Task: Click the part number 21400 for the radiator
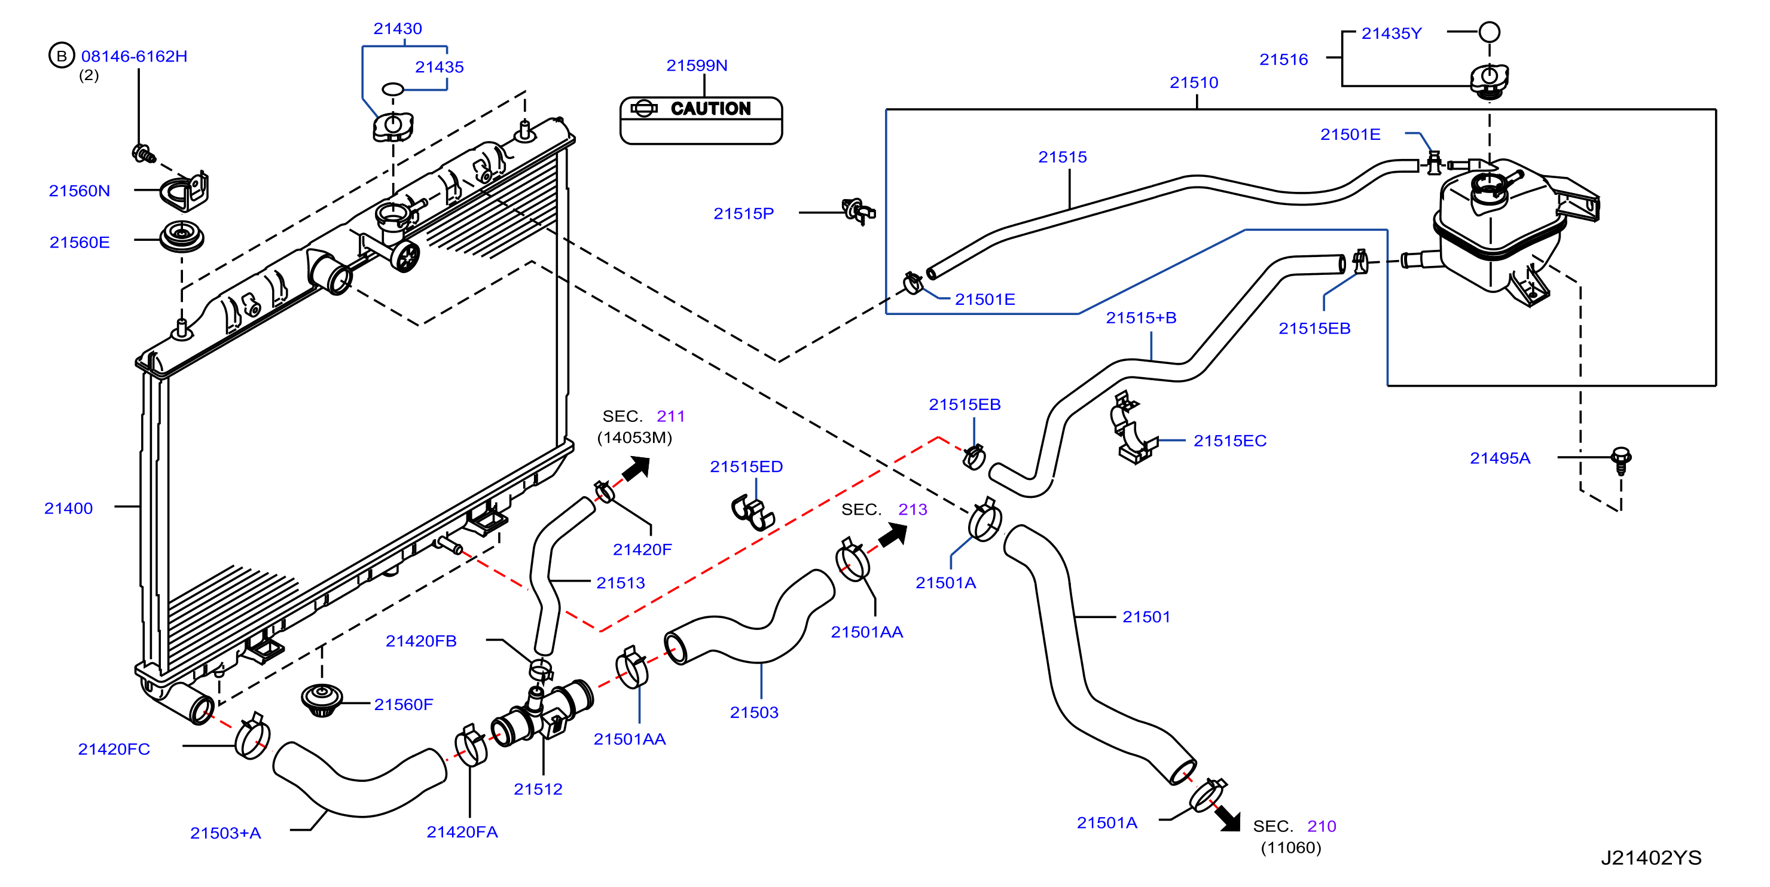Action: coord(68,509)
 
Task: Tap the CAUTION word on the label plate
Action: coord(710,109)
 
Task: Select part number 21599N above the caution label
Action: coord(697,65)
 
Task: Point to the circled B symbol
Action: coord(61,56)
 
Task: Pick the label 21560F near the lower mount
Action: coord(404,704)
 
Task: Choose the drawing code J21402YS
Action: coord(1651,858)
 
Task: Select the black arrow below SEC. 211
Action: coord(636,469)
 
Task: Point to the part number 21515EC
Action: coord(1230,441)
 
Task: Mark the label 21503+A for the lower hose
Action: coord(225,833)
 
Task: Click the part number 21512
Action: coord(538,789)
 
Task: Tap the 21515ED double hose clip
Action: coord(752,512)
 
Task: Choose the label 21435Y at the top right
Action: coord(1391,33)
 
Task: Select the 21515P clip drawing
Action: coord(858,211)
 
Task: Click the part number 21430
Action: coord(397,28)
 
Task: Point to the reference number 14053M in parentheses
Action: coord(634,438)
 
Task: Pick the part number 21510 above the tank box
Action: coord(1194,82)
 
